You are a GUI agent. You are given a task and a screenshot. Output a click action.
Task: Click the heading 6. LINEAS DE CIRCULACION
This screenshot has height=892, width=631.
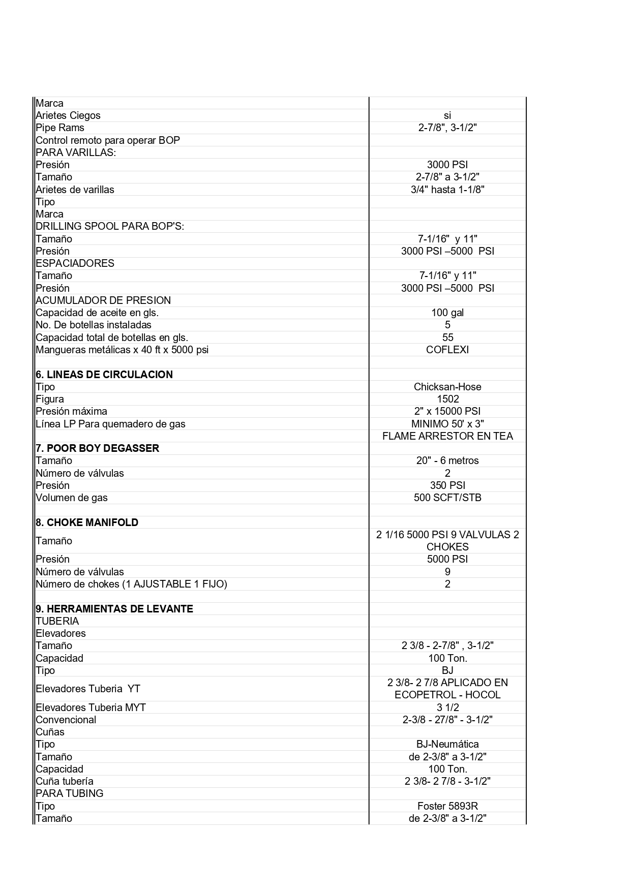point(104,375)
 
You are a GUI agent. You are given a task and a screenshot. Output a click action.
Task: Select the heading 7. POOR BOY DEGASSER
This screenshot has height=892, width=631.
point(98,448)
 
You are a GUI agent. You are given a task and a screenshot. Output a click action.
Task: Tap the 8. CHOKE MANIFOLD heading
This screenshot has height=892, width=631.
point(87,522)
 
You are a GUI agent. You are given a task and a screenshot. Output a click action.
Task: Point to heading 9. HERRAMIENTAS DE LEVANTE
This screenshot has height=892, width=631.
point(114,609)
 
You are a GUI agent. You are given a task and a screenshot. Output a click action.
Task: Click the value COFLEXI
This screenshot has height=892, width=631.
point(447,350)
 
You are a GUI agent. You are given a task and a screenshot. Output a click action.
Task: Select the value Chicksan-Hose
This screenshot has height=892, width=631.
point(447,387)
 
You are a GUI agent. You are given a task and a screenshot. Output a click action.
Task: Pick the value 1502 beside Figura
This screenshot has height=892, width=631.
point(447,399)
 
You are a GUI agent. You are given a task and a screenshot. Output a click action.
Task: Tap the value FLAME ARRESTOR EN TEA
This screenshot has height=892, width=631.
point(447,436)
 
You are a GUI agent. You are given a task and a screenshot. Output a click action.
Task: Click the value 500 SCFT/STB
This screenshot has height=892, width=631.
point(447,498)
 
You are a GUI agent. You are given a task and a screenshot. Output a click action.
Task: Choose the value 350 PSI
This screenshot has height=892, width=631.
point(447,485)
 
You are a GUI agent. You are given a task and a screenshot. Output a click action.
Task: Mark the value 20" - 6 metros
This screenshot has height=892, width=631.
point(447,460)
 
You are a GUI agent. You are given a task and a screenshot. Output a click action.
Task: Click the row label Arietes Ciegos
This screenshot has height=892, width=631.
point(68,115)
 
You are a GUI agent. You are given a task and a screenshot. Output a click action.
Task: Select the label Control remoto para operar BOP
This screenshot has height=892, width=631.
point(108,140)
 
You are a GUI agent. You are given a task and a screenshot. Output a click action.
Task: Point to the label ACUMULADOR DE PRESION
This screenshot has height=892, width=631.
point(103,300)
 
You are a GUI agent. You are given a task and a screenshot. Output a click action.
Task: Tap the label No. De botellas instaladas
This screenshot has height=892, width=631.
point(94,325)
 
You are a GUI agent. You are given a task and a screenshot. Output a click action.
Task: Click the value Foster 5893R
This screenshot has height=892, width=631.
point(447,806)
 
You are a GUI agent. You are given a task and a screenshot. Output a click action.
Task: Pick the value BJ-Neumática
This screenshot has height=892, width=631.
point(447,744)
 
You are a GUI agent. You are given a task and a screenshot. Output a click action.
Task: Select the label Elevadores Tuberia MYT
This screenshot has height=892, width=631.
point(91,708)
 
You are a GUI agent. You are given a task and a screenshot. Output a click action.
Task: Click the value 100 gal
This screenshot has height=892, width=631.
point(447,313)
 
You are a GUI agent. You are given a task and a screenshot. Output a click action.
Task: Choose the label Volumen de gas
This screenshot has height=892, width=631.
point(72,498)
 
